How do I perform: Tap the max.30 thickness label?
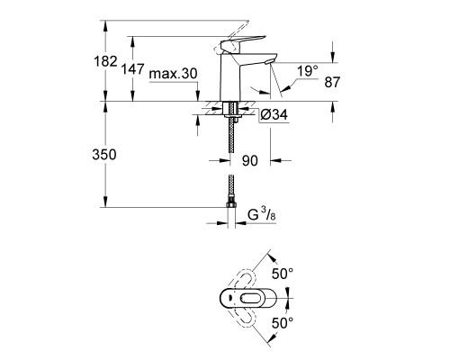click(174, 73)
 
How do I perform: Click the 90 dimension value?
click(251, 163)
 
